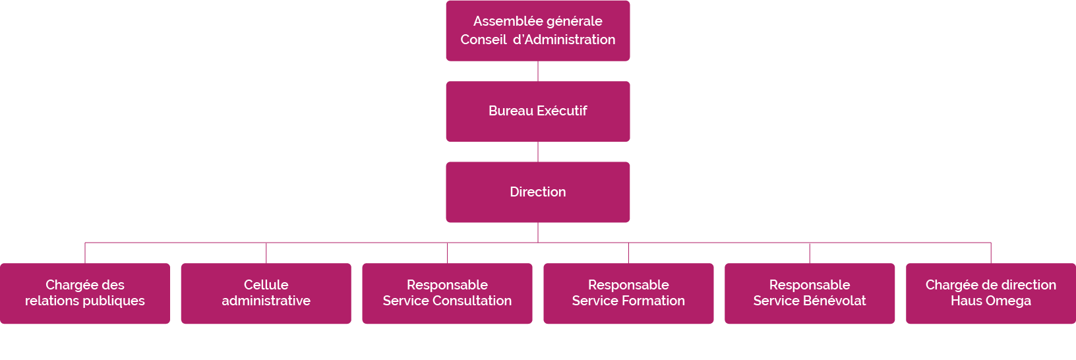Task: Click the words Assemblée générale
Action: coord(537,21)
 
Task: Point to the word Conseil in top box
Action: coord(483,40)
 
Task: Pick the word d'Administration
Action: coord(564,40)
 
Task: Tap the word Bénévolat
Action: coord(834,301)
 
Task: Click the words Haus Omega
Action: coord(990,301)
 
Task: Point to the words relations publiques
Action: coord(85,301)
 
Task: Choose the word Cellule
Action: coord(266,285)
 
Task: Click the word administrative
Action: coord(266,301)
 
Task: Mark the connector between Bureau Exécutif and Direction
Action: coord(538,152)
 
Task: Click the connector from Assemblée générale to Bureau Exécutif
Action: coord(538,71)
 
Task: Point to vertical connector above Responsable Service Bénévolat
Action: coord(810,253)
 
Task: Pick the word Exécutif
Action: coord(562,111)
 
